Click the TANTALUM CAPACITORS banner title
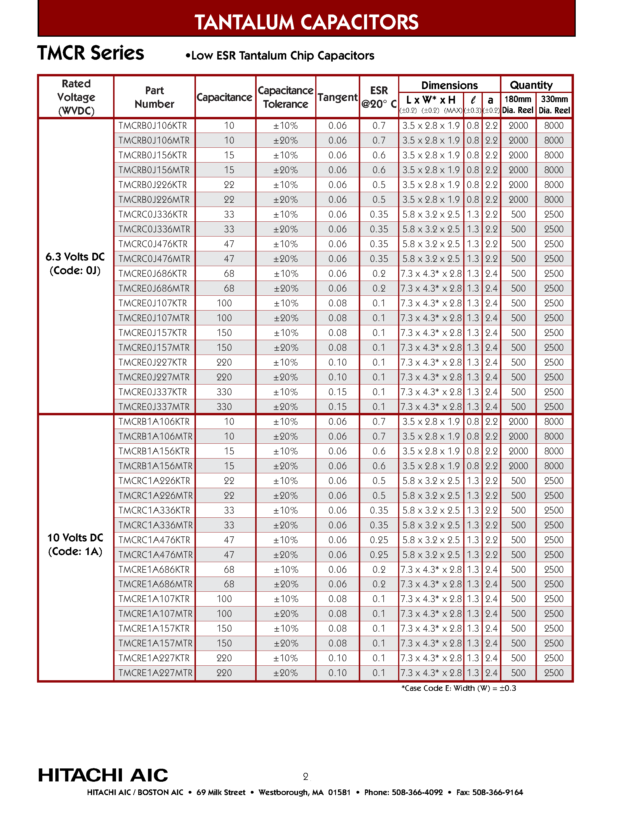click(x=306, y=22)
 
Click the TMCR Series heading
click(x=91, y=53)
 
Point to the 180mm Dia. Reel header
click(x=518, y=104)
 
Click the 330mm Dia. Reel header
click(x=554, y=104)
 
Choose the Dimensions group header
click(x=449, y=85)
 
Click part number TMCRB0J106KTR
click(x=152, y=126)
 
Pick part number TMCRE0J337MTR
click(x=154, y=407)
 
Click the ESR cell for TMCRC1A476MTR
click(x=379, y=555)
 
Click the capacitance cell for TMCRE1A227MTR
click(x=224, y=673)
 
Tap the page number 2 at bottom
click(x=305, y=777)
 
